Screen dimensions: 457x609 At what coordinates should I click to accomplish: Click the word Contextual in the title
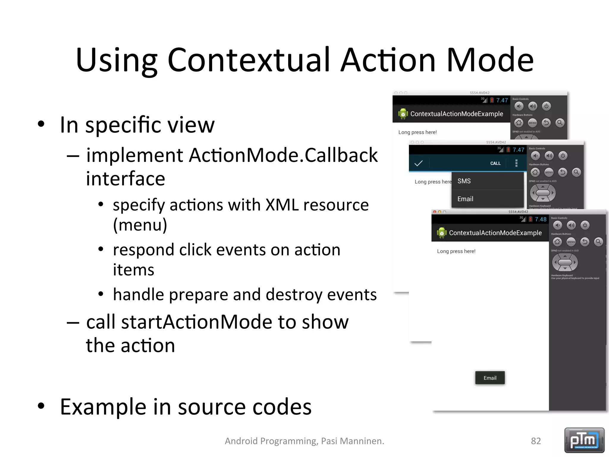249,60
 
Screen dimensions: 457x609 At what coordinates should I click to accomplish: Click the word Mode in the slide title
490,60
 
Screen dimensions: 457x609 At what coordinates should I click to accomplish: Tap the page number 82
536,441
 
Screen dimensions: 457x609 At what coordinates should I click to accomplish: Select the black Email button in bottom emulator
490,378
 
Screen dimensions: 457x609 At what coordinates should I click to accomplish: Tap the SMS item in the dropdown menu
464,181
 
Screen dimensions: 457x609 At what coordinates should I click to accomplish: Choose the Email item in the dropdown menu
465,199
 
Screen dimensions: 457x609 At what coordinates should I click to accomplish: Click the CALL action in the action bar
495,163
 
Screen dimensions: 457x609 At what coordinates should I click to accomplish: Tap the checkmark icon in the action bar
418,163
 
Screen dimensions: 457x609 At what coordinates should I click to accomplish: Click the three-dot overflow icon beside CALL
516,163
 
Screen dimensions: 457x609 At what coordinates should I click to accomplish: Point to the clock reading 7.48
540,219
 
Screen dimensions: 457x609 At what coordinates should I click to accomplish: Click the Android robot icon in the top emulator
403,114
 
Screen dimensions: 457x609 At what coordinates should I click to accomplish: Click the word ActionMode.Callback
283,155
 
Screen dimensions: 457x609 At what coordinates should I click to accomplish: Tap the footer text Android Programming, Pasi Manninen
304,441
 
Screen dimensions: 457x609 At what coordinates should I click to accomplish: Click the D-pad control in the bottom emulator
565,262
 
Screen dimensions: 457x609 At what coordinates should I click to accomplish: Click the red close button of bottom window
435,212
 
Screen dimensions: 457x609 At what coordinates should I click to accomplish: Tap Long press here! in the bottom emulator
456,251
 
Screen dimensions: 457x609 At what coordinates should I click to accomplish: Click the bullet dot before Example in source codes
41,406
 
